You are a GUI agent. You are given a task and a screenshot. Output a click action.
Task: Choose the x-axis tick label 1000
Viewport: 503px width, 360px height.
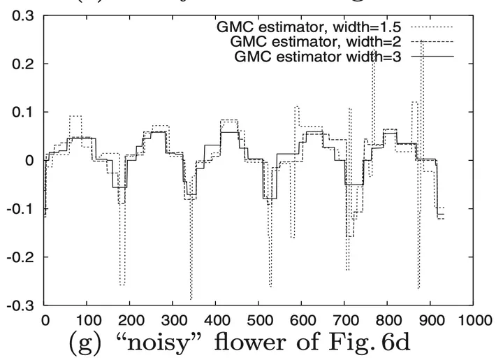pos(472,319)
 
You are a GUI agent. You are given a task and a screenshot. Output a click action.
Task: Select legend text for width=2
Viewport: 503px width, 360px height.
pos(323,43)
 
